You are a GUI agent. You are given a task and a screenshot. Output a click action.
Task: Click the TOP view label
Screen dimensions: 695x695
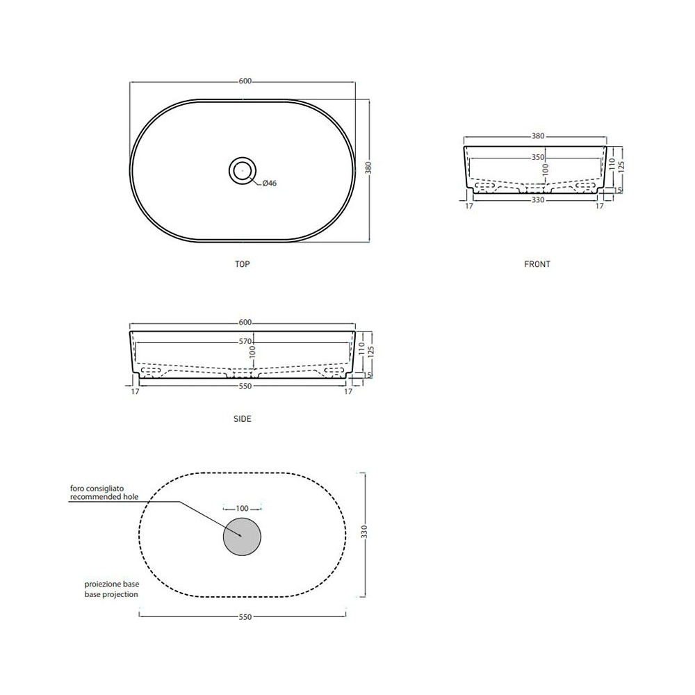tap(243, 264)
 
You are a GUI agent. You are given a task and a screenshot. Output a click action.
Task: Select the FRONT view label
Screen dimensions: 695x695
tap(537, 264)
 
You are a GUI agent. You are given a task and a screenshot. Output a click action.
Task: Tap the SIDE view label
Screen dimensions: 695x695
tap(243, 419)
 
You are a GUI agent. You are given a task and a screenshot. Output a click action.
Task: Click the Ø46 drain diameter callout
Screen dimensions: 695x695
tap(270, 183)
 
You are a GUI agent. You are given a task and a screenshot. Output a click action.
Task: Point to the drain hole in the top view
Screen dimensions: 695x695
tap(243, 171)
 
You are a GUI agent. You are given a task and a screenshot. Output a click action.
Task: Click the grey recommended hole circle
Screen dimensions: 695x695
tap(242, 537)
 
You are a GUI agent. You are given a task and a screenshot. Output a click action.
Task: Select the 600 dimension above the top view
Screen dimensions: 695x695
tap(245, 81)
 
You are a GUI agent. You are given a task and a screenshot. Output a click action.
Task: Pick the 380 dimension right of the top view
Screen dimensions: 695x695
tap(368, 168)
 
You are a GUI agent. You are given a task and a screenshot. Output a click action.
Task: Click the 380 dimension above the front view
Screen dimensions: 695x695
tap(538, 136)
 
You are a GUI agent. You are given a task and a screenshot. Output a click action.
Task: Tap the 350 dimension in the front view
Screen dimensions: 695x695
tap(538, 157)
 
